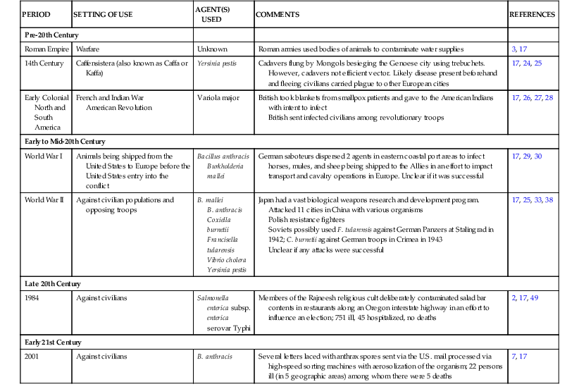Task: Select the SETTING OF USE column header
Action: (102, 15)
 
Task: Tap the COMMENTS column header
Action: (278, 15)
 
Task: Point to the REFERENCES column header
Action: (532, 15)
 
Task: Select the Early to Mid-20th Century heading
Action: (65, 142)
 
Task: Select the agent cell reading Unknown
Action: (211, 49)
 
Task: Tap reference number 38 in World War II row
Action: (549, 200)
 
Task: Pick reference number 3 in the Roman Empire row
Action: (514, 49)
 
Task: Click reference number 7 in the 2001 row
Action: (514, 357)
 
